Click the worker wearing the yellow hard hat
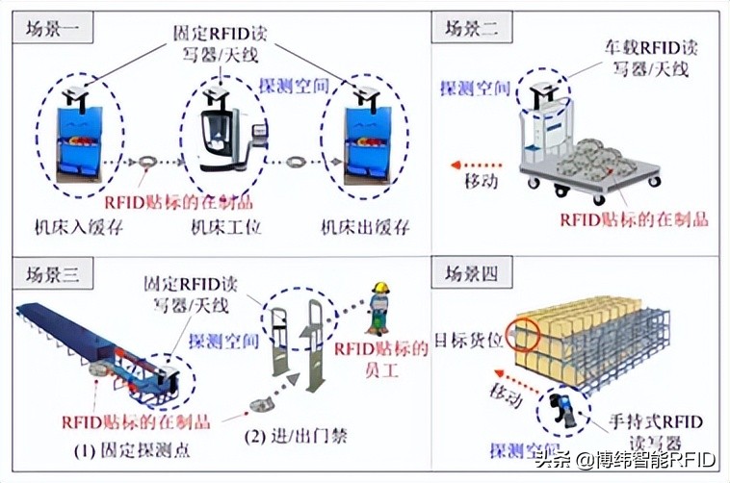point(380,306)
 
